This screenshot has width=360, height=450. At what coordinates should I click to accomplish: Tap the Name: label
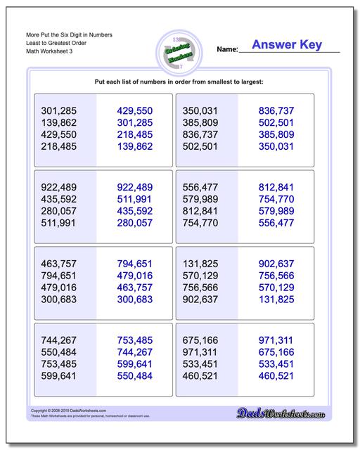227,49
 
